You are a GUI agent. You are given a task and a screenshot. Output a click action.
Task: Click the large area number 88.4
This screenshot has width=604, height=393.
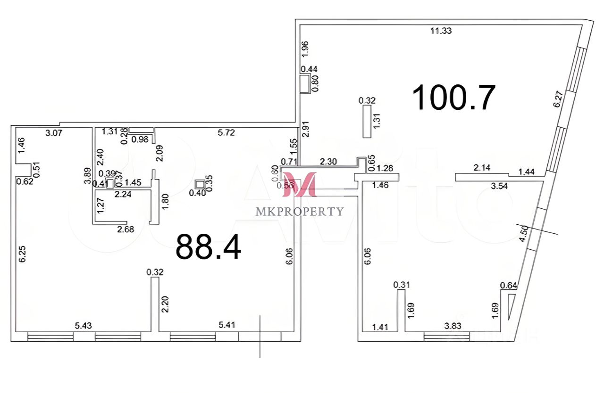pos(208,247)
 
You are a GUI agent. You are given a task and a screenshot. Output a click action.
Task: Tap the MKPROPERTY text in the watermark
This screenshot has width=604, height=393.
pos(300,211)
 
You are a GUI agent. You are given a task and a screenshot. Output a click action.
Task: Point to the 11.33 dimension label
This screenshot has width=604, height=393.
pos(441,31)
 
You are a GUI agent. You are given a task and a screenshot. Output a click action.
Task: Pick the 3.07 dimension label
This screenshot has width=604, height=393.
pos(54,133)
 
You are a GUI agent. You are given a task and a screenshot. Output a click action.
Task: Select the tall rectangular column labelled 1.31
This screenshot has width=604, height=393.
pos(367,121)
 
